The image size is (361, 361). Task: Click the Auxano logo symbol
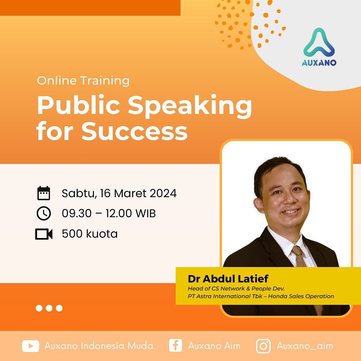(x=319, y=43)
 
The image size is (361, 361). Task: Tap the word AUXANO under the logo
(x=319, y=63)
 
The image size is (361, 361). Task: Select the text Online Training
(x=83, y=81)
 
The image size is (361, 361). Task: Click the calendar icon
(x=43, y=194)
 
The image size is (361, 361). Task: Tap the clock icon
(x=43, y=214)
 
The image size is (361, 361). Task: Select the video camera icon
(x=44, y=234)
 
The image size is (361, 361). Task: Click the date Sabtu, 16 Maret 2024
(x=119, y=194)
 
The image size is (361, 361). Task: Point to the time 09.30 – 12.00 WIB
(x=109, y=214)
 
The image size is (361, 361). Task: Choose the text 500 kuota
(x=90, y=234)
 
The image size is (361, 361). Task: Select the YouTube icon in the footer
(x=30, y=346)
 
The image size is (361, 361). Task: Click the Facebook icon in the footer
(x=175, y=346)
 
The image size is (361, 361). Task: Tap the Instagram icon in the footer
(x=263, y=346)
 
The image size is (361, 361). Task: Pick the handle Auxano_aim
(x=305, y=346)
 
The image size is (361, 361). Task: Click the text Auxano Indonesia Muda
(x=99, y=346)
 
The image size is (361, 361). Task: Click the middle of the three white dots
(x=49, y=308)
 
